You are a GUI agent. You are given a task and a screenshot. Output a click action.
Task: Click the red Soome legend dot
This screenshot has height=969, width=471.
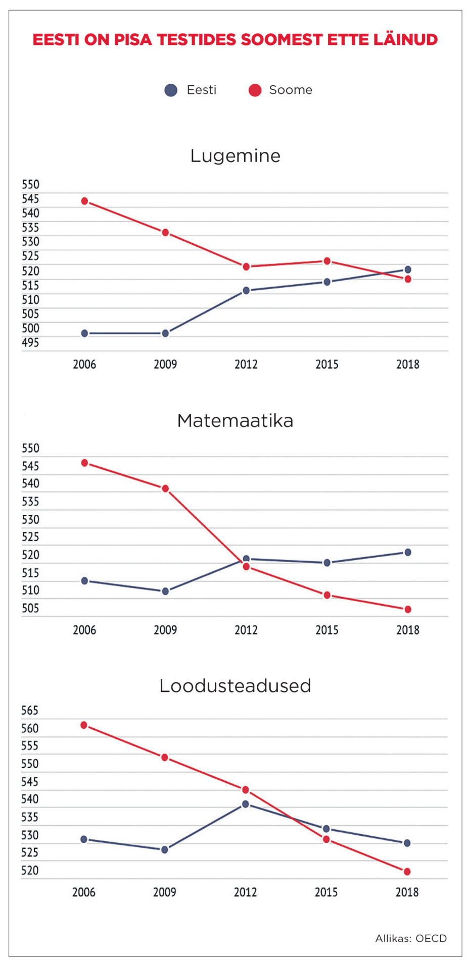point(255,90)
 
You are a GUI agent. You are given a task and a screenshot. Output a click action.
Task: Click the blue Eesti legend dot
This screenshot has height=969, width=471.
point(171,90)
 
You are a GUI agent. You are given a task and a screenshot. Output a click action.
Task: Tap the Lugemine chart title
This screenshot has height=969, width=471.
point(235,155)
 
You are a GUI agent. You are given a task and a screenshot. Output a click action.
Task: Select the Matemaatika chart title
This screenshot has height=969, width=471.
point(235,420)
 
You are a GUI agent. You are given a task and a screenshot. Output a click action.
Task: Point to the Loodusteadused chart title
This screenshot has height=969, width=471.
point(235,686)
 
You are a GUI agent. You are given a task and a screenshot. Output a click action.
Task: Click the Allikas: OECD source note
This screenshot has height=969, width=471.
point(410,938)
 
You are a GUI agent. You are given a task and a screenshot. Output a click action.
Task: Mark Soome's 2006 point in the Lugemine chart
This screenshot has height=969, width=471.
point(84,201)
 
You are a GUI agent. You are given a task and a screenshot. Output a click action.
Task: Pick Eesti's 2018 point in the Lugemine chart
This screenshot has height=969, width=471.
point(407,270)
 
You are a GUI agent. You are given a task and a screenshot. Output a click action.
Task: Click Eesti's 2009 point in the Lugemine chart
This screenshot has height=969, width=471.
point(165,334)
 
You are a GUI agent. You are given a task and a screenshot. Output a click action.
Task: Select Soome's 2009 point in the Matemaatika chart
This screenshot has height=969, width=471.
point(165,489)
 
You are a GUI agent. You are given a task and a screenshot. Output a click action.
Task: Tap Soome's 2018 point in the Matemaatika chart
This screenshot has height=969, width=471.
point(407,609)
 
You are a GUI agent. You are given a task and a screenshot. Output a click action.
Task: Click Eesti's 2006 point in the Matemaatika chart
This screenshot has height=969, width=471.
point(84,581)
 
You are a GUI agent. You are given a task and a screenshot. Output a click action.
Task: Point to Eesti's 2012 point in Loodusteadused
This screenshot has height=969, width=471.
point(246,804)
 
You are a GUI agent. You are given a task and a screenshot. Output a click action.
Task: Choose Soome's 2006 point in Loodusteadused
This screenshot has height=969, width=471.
point(84,725)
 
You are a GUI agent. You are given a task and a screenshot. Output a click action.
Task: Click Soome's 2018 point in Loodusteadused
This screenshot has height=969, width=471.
point(407,872)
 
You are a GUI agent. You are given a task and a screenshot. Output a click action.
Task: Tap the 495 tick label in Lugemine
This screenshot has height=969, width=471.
point(30,343)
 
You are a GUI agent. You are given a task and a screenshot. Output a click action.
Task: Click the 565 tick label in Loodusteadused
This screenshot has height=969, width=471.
point(30,711)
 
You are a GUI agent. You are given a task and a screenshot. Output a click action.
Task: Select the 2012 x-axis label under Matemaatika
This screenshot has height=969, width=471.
point(246,630)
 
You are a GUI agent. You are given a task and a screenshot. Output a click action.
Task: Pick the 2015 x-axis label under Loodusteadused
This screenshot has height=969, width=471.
point(326,892)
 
